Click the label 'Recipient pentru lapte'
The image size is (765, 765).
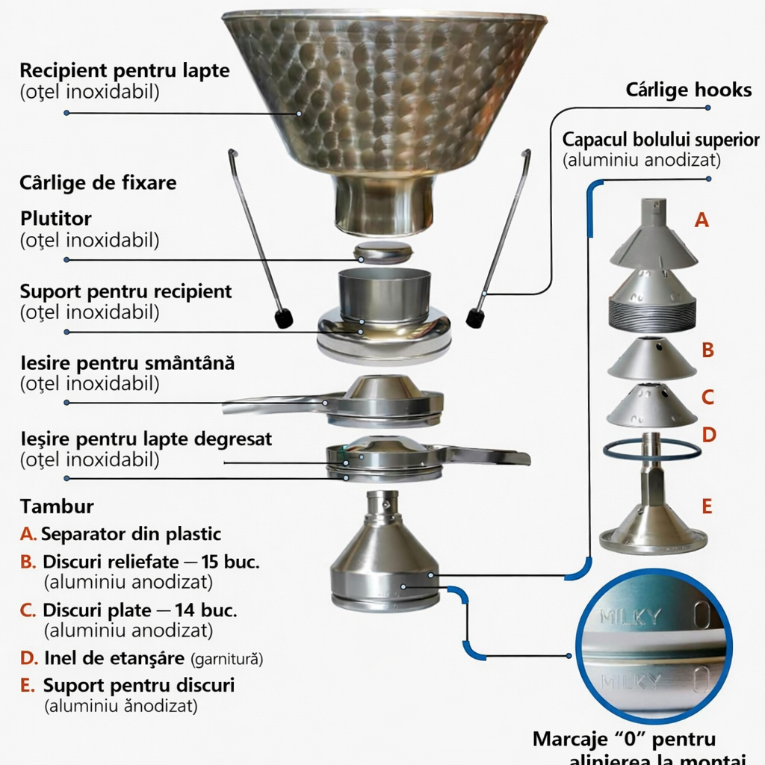(x=124, y=72)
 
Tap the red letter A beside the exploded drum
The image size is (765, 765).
(x=701, y=220)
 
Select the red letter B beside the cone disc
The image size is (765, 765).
(x=707, y=350)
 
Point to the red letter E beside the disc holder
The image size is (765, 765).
(x=707, y=506)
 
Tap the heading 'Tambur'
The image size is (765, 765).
(x=57, y=507)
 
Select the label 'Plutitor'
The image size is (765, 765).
(x=56, y=219)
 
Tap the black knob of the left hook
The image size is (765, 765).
(x=282, y=318)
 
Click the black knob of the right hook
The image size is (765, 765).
(x=475, y=317)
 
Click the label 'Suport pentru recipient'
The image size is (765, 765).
(x=126, y=291)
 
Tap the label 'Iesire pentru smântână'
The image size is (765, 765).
(x=127, y=364)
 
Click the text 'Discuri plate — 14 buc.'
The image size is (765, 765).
(x=140, y=610)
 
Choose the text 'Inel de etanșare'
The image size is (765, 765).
(x=114, y=658)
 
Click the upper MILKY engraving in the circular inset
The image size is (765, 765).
(x=631, y=616)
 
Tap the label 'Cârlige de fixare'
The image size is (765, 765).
(x=99, y=183)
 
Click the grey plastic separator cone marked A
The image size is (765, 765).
(x=652, y=238)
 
